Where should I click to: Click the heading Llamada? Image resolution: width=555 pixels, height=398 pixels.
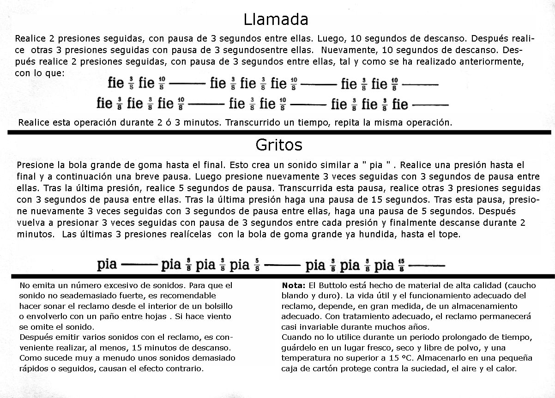point(276,19)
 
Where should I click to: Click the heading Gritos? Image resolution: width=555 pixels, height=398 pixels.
point(278,145)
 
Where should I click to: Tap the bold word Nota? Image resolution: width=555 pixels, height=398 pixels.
point(294,285)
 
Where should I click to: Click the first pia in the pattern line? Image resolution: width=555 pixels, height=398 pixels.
point(107,265)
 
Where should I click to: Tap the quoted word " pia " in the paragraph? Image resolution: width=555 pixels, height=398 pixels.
point(378,165)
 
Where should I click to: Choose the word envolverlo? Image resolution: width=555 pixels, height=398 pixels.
point(50,316)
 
